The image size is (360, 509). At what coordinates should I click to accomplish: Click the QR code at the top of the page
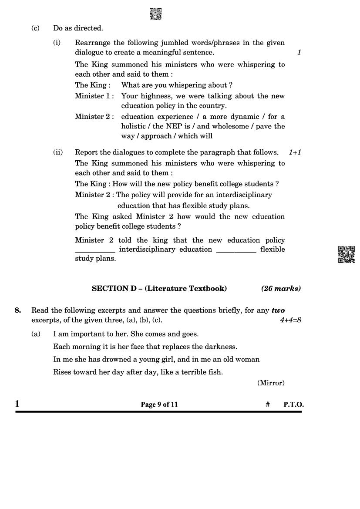[x=155, y=14]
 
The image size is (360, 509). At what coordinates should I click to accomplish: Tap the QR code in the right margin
[x=347, y=254]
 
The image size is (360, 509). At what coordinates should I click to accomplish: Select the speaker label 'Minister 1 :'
[x=94, y=96]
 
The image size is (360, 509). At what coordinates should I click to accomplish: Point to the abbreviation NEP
[x=174, y=126]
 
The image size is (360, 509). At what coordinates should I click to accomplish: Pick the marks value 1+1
[x=295, y=152]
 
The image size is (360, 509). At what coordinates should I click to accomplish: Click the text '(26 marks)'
[x=281, y=288]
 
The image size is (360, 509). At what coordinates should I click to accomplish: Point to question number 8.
[x=18, y=310]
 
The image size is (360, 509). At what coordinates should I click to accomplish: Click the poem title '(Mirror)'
[x=270, y=383]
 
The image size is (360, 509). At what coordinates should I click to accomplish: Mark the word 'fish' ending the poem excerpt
[x=214, y=372]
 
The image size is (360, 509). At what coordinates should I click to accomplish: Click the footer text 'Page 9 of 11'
[x=159, y=405]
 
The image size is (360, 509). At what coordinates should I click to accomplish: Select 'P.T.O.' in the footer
[x=293, y=405]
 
